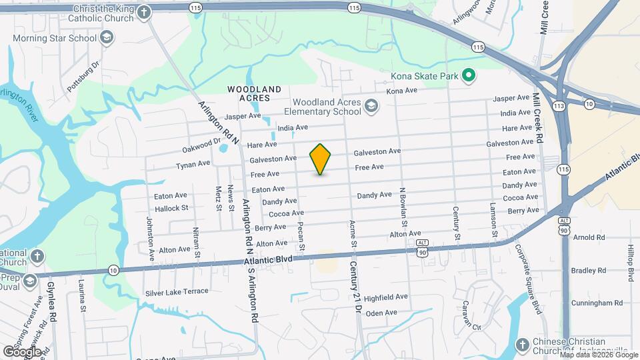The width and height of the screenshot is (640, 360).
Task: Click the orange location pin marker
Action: (321, 159)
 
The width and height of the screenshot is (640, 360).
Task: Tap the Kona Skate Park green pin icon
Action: (469, 76)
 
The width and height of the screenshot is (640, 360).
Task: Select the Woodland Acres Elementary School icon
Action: (371, 105)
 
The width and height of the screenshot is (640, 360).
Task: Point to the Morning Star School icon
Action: (106, 38)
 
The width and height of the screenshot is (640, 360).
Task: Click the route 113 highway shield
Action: (559, 105)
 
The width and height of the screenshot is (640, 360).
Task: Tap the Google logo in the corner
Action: (22, 351)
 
